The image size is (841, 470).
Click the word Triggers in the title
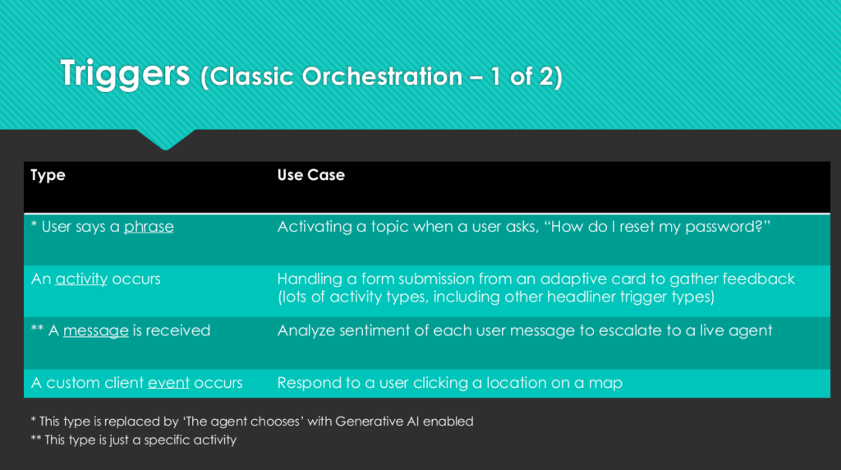(125, 74)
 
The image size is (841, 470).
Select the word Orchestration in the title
(383, 76)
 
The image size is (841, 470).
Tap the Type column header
(48, 175)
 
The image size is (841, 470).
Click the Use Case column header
(310, 175)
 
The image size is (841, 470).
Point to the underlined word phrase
(149, 227)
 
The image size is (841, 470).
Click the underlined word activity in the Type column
(81, 279)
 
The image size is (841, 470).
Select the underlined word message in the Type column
(96, 330)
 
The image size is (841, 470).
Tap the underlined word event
(168, 383)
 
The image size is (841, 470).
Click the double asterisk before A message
(37, 328)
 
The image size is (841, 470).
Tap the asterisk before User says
(34, 223)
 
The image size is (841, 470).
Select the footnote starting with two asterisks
(134, 440)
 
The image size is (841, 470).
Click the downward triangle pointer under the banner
(166, 139)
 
